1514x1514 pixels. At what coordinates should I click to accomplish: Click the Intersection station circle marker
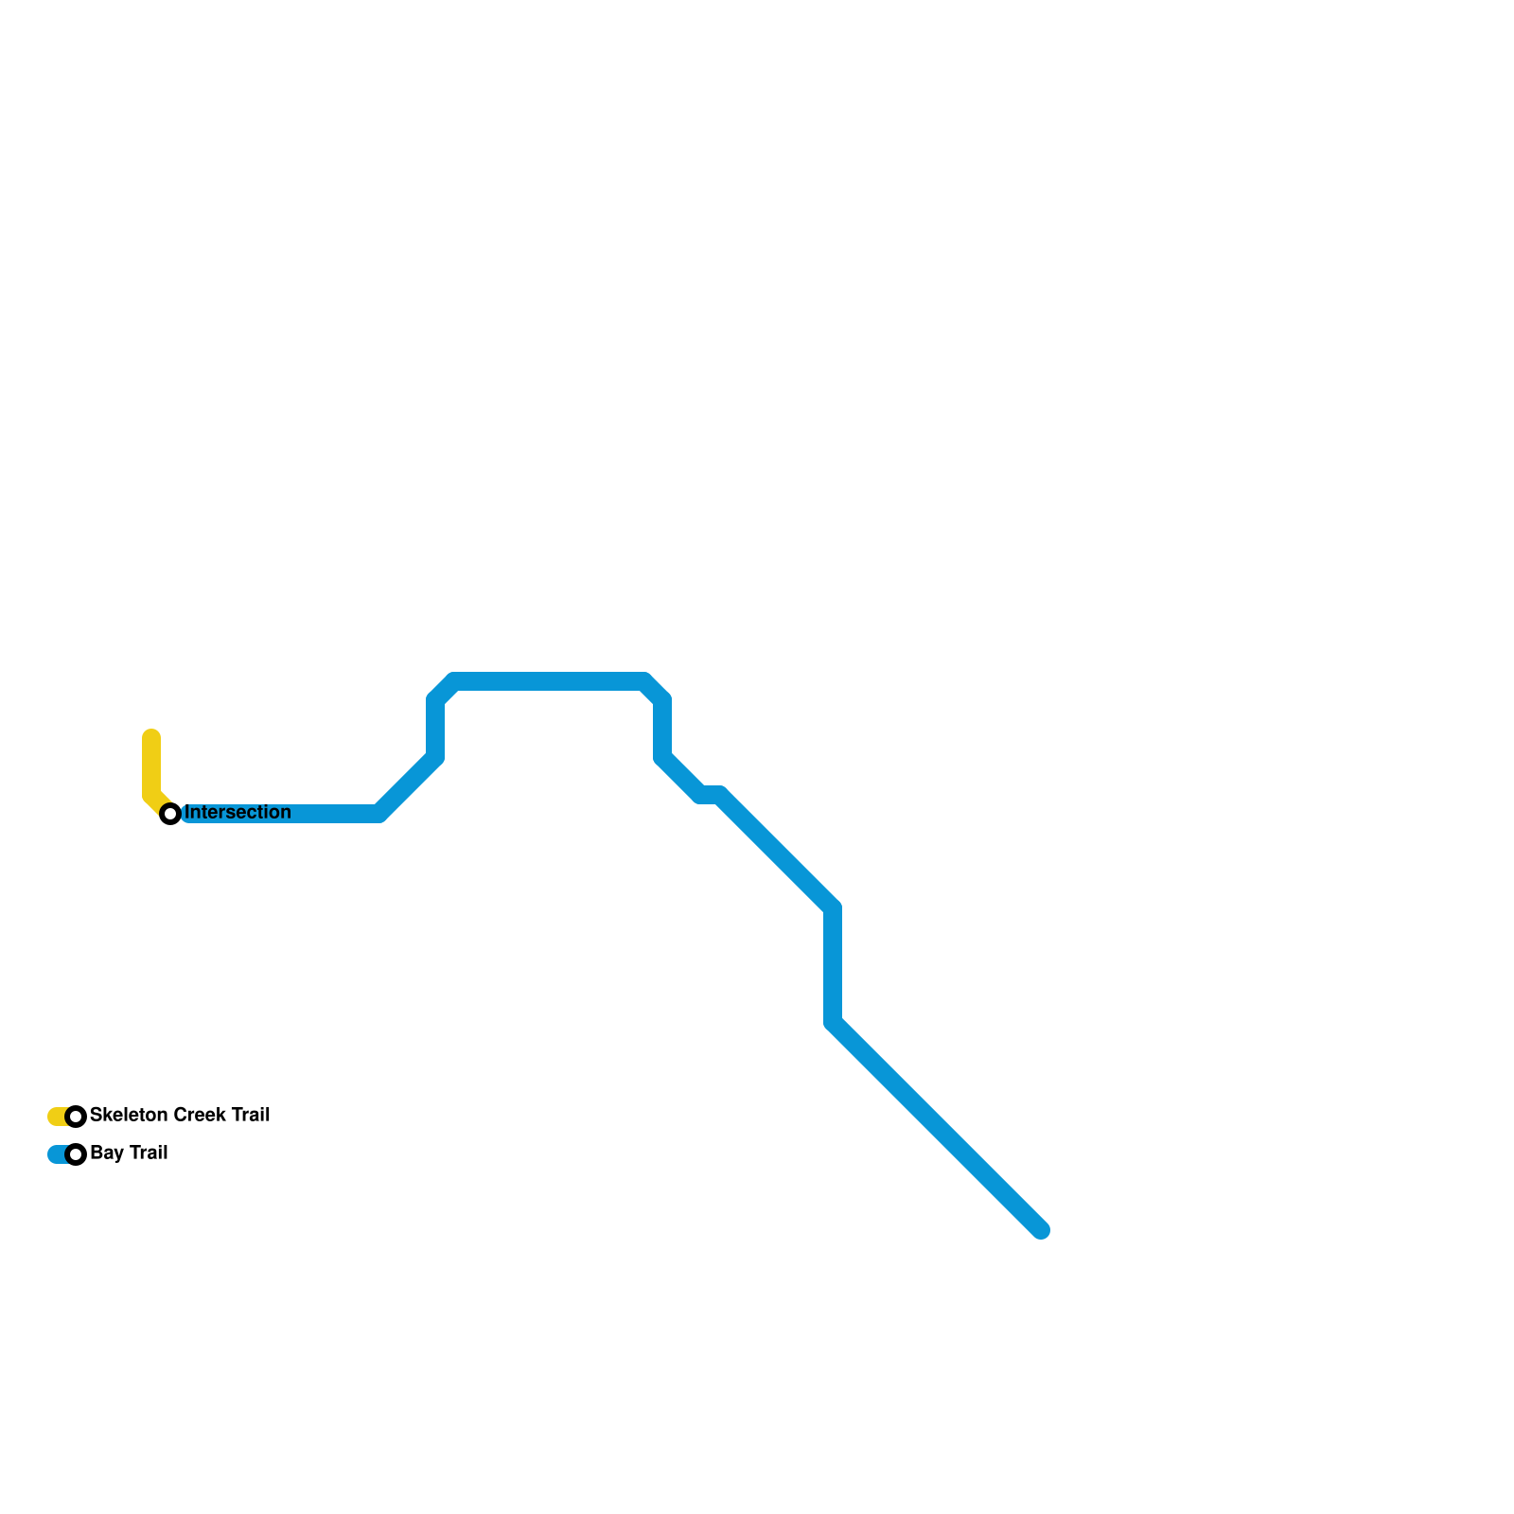click(x=170, y=814)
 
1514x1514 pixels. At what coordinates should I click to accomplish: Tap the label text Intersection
click(x=238, y=813)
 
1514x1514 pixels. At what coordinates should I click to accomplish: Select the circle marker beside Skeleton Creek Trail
click(x=77, y=1117)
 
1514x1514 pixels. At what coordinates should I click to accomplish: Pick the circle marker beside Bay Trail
click(x=77, y=1154)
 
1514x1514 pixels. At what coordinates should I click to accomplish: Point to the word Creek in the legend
click(x=200, y=1116)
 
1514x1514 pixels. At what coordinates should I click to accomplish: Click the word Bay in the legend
click(x=107, y=1153)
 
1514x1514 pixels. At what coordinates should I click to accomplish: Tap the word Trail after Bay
click(x=148, y=1153)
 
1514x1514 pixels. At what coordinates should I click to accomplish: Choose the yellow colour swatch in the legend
click(x=57, y=1117)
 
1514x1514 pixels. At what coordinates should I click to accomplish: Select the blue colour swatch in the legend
click(x=57, y=1154)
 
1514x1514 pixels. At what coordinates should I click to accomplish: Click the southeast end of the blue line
click(x=1041, y=1230)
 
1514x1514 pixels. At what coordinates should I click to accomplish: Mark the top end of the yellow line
click(x=151, y=737)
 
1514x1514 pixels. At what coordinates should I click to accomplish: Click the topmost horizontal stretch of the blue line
click(x=549, y=682)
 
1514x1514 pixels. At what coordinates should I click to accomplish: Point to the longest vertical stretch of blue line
click(x=833, y=965)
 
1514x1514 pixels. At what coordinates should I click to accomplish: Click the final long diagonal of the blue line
click(x=937, y=1126)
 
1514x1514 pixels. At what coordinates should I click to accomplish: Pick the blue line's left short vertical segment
click(x=435, y=729)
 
